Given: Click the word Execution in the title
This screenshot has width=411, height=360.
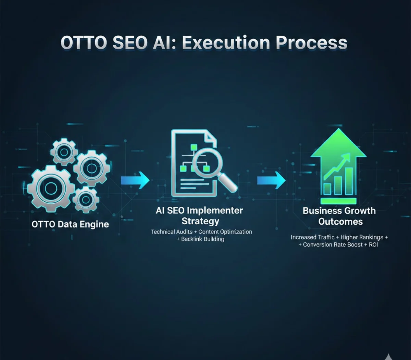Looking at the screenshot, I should pos(226,43).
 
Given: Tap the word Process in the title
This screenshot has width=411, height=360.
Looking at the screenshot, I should pos(311,43).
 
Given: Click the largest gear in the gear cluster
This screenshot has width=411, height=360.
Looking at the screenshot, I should pos(51,189).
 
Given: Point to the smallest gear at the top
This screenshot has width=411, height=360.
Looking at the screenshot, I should pos(64,151).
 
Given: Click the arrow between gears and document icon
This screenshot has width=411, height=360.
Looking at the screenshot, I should pos(135,180).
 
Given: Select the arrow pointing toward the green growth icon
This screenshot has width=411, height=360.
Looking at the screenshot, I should pos(271,180).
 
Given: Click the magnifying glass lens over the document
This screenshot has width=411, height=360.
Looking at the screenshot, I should pos(207,161).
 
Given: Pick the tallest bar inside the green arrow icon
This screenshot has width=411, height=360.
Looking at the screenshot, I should pos(349,181).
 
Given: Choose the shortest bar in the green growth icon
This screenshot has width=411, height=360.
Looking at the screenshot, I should pos(327,189).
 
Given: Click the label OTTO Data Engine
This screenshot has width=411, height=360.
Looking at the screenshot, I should pos(70,225).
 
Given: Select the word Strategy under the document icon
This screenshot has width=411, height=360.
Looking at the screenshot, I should pos(200,221).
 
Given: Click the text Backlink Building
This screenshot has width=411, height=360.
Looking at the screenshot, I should pos(202,239).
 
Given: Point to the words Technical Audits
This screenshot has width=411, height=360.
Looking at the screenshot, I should pos(172,232).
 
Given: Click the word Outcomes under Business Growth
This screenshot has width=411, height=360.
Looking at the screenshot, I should pos(340,221).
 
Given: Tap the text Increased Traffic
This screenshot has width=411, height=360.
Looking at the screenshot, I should pos(312,237).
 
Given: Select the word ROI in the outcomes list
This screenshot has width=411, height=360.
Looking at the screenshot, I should pos(373,245).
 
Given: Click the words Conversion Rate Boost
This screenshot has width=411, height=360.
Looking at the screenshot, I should pos(333,245).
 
